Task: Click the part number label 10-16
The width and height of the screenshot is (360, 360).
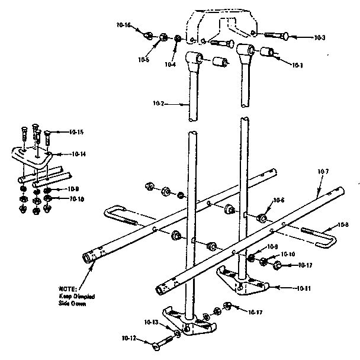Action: tap(124, 25)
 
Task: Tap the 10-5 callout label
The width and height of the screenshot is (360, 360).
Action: tap(143, 59)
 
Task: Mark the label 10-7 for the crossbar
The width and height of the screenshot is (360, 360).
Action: tap(323, 172)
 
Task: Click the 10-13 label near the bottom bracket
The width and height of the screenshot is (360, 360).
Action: tap(152, 323)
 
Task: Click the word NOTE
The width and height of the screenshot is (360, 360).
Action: tap(66, 288)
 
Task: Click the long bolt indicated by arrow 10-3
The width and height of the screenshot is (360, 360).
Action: tap(272, 36)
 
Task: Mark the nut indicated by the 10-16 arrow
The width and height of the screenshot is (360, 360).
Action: tap(148, 34)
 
